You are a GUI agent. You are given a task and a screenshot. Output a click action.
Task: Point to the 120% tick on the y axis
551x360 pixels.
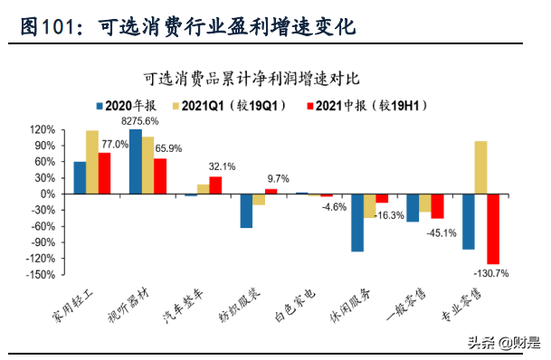coord(43,129)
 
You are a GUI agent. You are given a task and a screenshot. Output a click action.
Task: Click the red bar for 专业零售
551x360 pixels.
coord(493,229)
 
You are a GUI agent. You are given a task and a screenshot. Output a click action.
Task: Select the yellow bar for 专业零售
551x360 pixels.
coord(480,167)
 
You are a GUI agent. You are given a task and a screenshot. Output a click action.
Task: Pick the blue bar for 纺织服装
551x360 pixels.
coord(246,211)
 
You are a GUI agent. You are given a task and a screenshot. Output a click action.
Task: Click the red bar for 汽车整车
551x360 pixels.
coord(215,185)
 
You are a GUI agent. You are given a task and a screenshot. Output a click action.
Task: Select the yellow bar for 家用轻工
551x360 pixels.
coord(92,162)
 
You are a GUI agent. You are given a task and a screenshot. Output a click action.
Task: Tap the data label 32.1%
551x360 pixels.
coord(222,166)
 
